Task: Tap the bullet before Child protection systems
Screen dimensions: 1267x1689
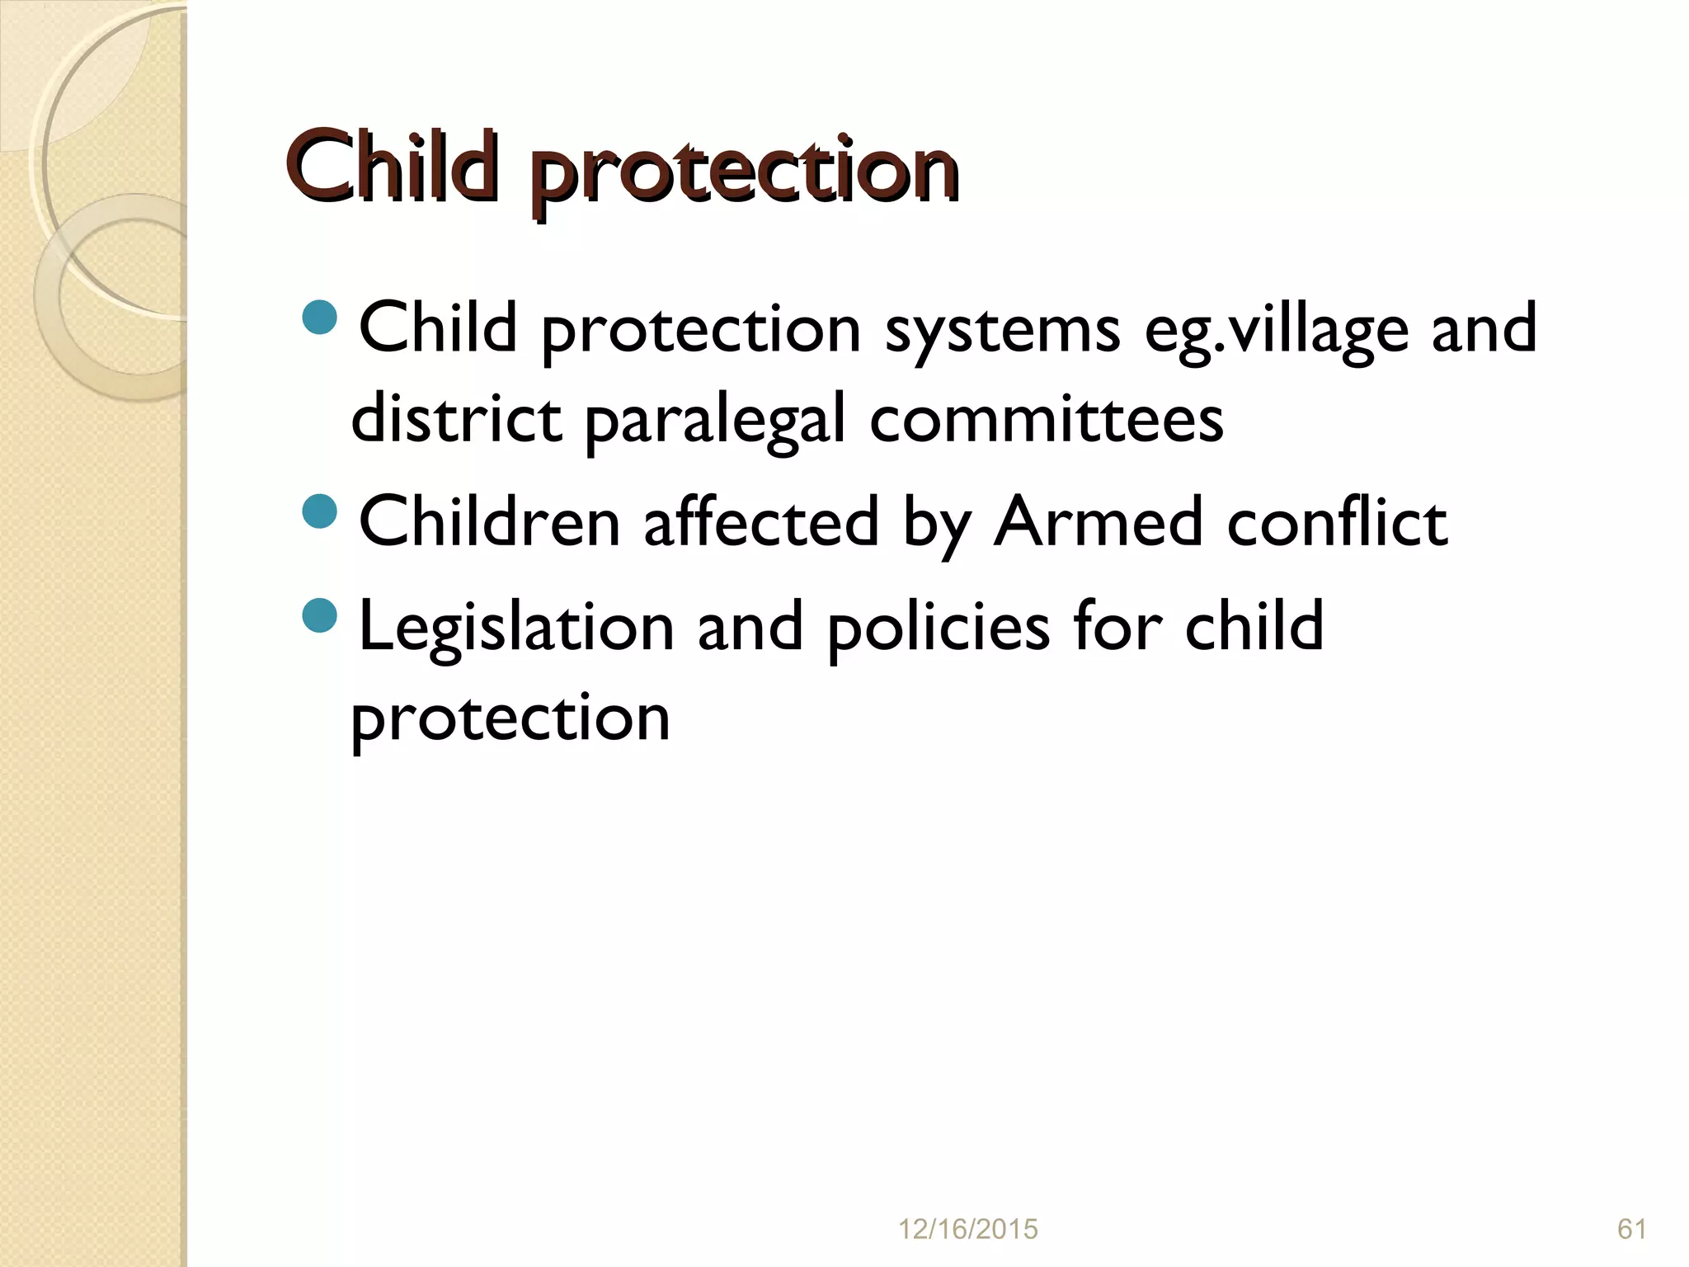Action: click(x=320, y=318)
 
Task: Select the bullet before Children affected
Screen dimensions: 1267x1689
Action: click(x=320, y=511)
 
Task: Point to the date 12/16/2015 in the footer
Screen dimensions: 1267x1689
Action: click(x=967, y=1229)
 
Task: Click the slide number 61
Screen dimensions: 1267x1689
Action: click(x=1632, y=1229)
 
